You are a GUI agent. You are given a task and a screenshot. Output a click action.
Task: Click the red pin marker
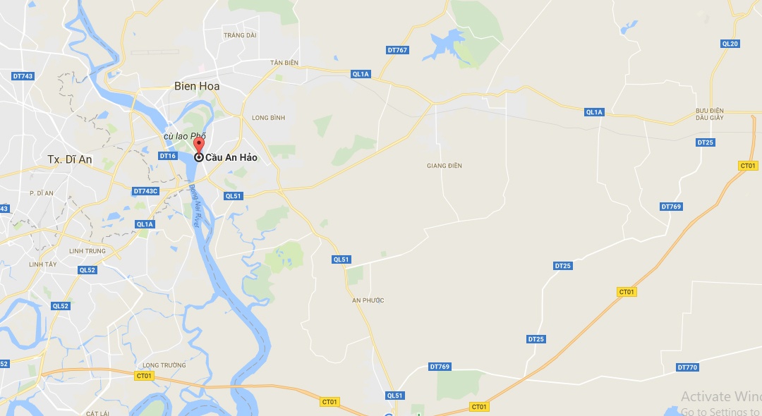[198, 145]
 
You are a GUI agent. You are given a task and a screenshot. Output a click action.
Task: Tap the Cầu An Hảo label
[231, 158]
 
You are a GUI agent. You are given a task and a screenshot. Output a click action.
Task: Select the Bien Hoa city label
[197, 86]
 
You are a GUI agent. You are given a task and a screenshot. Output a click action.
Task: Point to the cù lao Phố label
[184, 135]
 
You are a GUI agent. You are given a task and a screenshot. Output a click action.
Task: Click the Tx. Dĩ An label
[70, 159]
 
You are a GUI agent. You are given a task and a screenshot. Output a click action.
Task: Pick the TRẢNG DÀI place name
[239, 35]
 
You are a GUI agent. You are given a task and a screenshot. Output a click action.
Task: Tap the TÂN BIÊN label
[284, 63]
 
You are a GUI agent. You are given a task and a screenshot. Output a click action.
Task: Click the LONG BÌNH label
[268, 118]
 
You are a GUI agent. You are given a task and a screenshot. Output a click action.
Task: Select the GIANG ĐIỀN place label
[445, 166]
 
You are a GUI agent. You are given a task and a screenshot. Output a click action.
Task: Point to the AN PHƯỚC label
[368, 300]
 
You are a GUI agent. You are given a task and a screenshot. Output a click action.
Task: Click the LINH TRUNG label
[87, 251]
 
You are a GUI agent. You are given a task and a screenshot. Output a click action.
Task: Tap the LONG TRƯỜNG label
[164, 365]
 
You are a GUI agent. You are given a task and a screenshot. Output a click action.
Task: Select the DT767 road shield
[397, 50]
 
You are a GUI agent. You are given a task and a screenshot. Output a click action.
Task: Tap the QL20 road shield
[730, 44]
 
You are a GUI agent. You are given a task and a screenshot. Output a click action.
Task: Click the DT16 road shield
[167, 156]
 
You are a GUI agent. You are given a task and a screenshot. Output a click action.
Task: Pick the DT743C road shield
[146, 191]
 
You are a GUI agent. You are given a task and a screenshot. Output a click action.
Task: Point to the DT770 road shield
[687, 367]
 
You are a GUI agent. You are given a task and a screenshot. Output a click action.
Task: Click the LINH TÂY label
[42, 264]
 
